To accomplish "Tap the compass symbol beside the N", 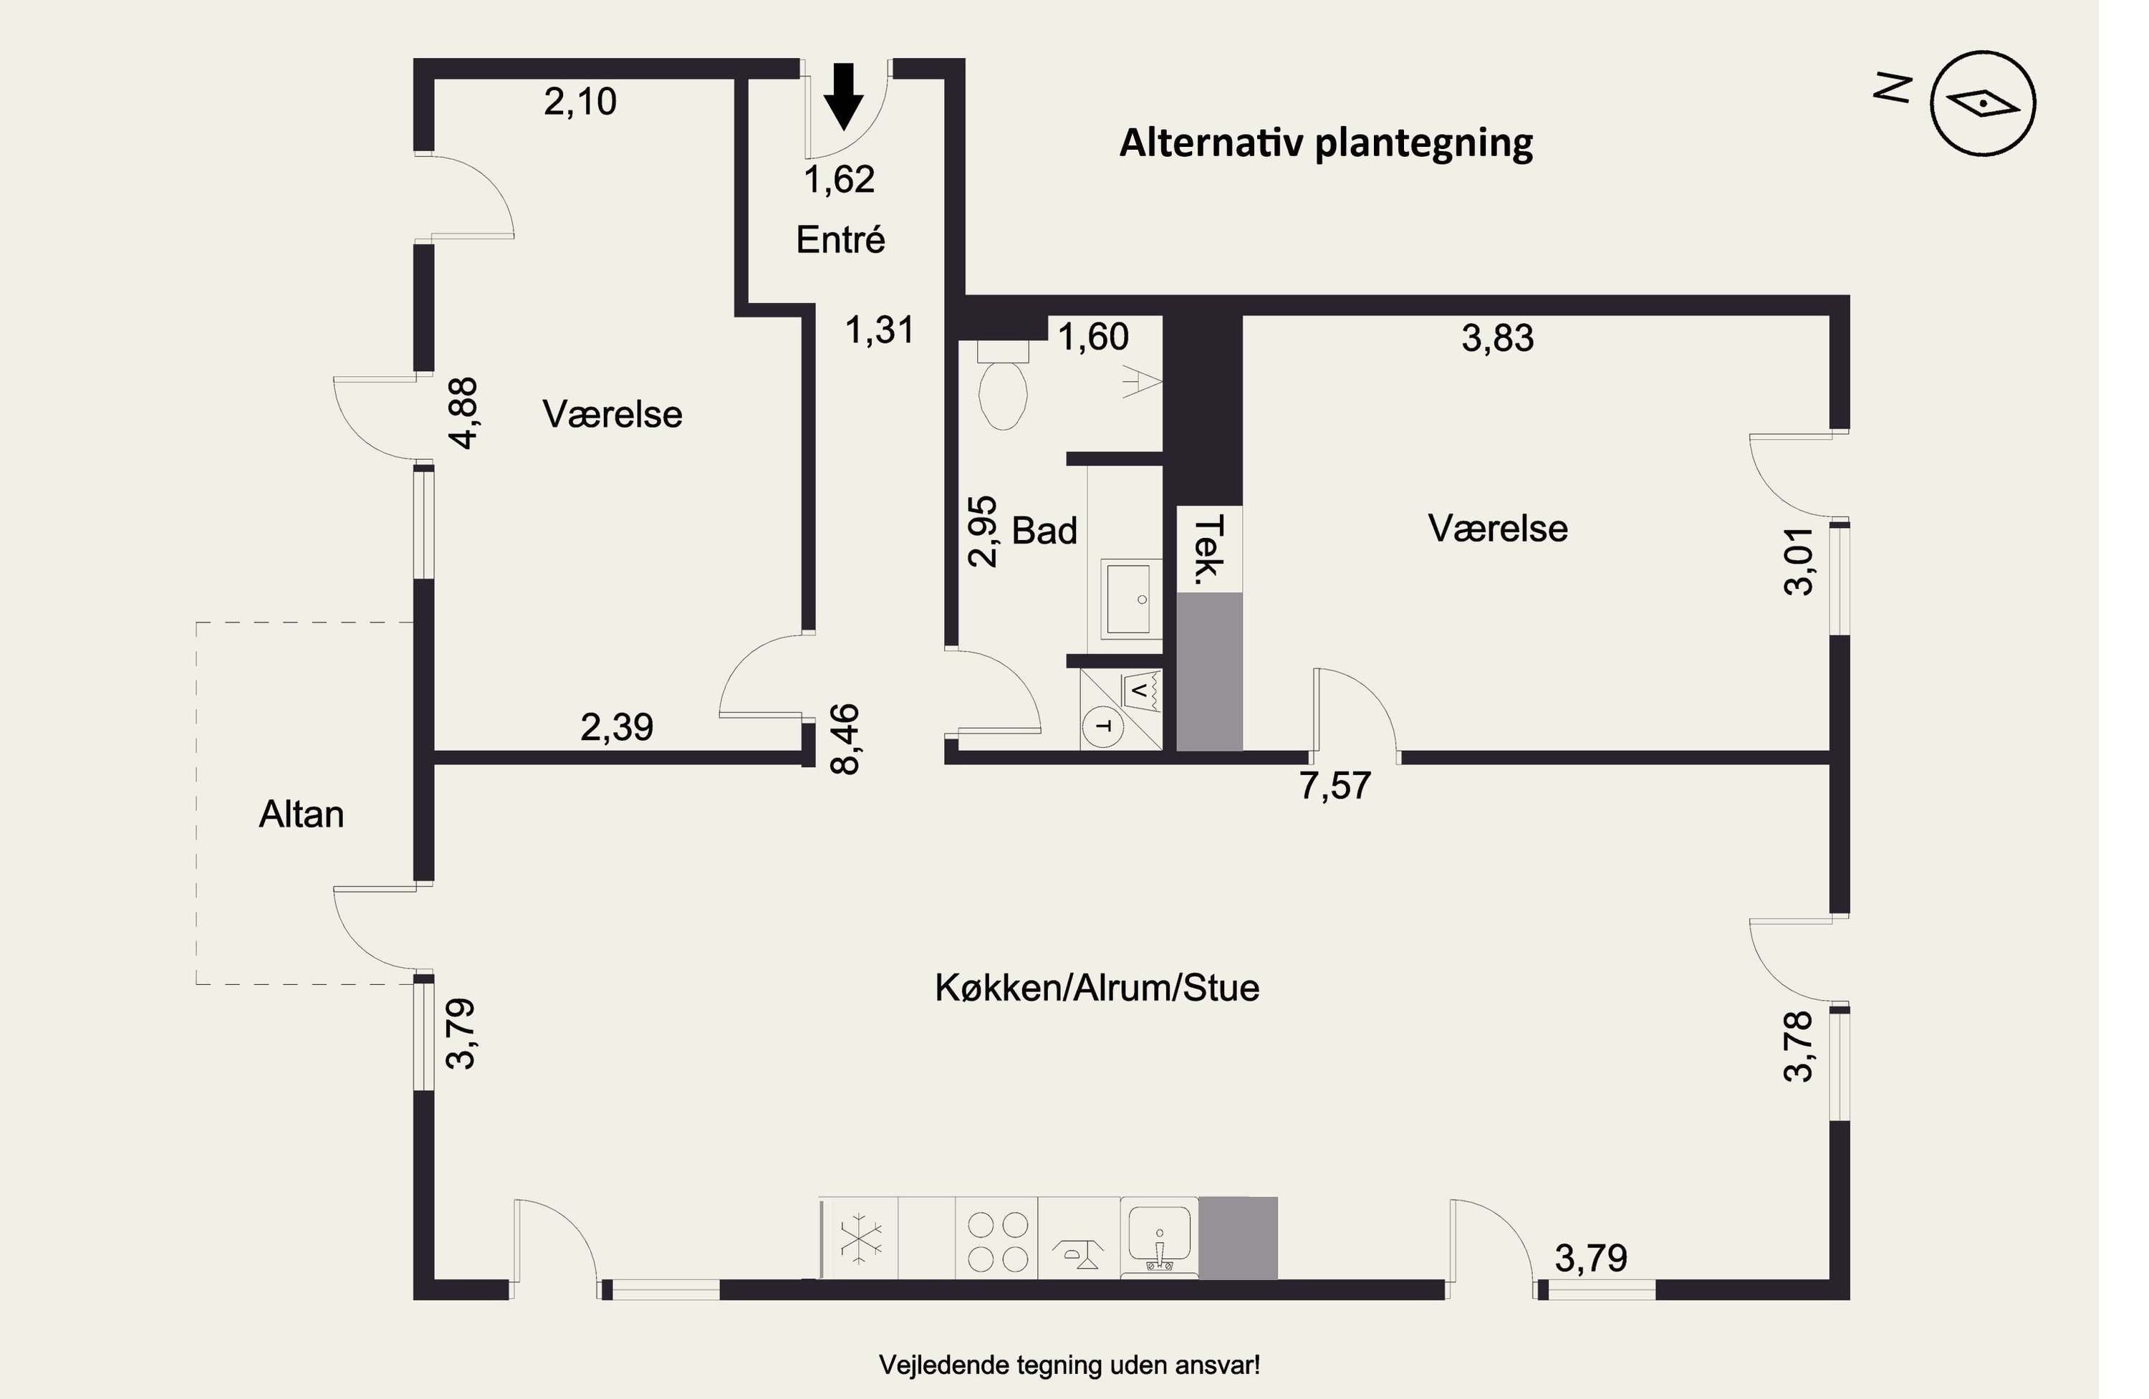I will click(x=1983, y=103).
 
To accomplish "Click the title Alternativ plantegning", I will click(x=1325, y=143).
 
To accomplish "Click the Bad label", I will click(x=1044, y=531).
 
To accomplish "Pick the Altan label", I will click(x=302, y=814).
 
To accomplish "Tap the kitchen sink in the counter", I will click(x=1159, y=1237).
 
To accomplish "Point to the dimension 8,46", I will click(x=846, y=740).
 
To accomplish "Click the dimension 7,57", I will click(x=1335, y=786).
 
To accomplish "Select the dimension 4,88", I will click(x=465, y=413).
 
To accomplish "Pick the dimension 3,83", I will click(x=1497, y=339).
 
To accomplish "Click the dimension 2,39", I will click(x=617, y=727).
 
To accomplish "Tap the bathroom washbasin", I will click(x=1126, y=599).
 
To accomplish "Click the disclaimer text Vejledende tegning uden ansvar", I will click(x=1069, y=1365).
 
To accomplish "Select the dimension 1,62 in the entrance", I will click(x=839, y=180).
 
